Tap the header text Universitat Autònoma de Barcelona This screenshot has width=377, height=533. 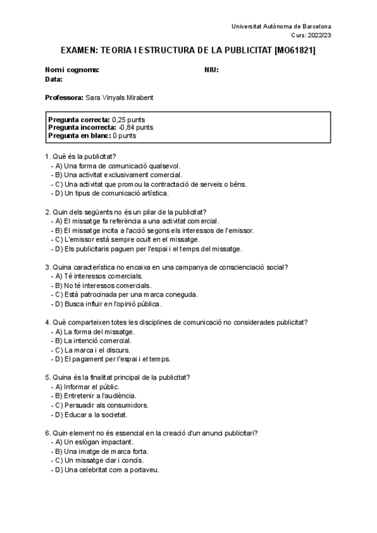point(281,26)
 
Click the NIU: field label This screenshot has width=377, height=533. point(211,70)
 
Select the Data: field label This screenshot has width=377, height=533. point(53,79)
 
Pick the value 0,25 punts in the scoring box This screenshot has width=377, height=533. point(129,119)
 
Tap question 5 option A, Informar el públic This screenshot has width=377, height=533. point(87,387)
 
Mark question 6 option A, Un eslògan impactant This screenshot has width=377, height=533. point(94,442)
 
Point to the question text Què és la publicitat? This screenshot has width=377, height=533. point(80,156)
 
